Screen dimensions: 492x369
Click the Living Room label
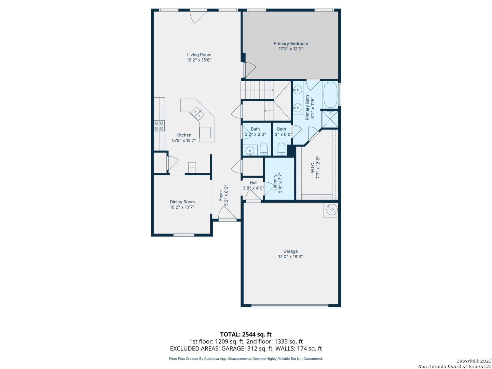pos(199,55)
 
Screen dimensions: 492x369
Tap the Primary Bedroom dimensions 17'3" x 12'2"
pos(291,49)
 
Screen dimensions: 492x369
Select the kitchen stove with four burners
pos(159,126)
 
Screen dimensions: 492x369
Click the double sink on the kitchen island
pos(197,114)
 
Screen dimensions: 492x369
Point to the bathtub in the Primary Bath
pos(330,95)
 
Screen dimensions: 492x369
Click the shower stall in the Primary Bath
pos(330,119)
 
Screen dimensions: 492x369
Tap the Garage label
pos(290,251)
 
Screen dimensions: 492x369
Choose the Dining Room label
pos(182,202)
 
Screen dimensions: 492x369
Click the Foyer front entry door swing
pos(227,213)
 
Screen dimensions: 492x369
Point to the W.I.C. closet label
pos(313,168)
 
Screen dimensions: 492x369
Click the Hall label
pos(253,183)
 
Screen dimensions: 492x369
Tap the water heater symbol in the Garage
pos(331,210)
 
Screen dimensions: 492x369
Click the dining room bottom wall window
pos(183,235)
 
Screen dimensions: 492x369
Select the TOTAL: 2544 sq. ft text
pos(246,334)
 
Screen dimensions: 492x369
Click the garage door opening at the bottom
pos(290,305)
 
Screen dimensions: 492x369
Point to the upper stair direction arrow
pos(257,90)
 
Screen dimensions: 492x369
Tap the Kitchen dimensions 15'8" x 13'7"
pos(183,140)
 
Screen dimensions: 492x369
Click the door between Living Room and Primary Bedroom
pos(250,70)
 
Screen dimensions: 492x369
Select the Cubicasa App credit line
pos(246,359)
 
